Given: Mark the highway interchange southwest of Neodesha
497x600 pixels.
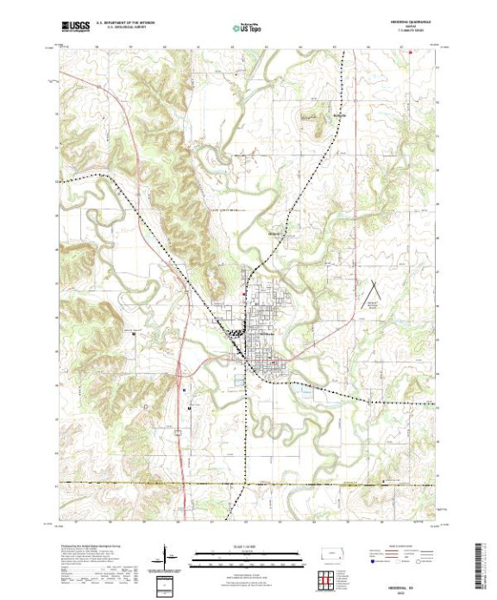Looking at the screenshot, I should tap(179, 373).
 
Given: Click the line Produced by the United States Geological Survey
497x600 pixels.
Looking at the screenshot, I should tap(86, 547).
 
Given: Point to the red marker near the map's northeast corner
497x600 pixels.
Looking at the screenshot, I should tap(411, 50).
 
